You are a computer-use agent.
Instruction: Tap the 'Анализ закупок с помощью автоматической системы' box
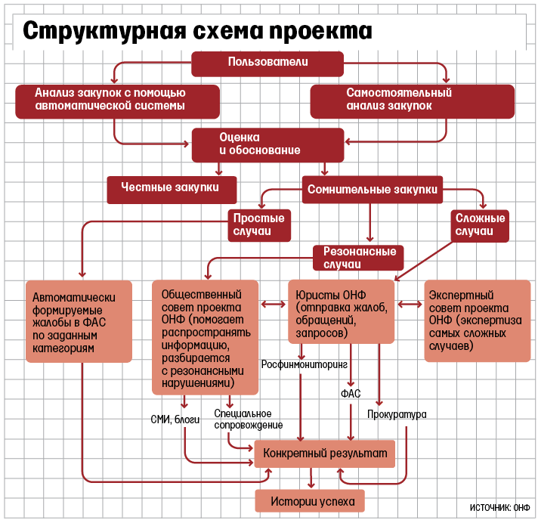pos(117,101)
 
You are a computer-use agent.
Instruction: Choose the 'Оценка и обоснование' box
pos(267,144)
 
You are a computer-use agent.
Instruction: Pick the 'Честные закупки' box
pos(172,190)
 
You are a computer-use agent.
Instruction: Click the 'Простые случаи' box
pos(258,225)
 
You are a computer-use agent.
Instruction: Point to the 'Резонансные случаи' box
pos(359,258)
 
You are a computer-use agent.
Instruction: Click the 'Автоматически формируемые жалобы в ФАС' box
pos(79,321)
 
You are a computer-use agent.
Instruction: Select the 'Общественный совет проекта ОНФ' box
pos(205,337)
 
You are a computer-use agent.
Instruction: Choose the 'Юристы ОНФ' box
pos(342,311)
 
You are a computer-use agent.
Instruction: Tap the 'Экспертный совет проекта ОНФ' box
pos(476,321)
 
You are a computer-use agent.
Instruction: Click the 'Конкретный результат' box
pos(326,454)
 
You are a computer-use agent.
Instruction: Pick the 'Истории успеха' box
pos(310,500)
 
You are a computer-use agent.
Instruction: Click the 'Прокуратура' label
pos(397,415)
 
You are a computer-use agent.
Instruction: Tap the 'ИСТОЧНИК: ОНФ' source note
pos(500,506)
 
